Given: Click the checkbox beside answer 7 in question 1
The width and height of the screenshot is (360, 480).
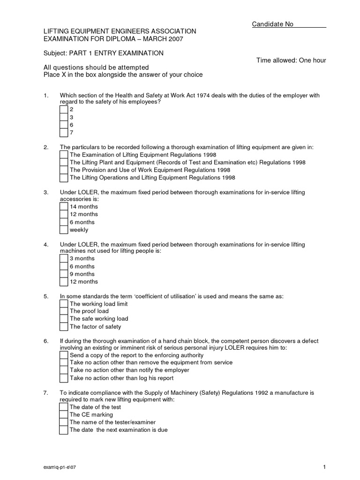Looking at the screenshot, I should (64, 133).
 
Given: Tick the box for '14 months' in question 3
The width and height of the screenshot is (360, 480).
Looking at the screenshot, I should (64, 207).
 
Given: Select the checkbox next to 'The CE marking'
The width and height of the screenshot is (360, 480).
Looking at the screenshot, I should (64, 415).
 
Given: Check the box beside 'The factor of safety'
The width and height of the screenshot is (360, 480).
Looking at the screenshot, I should (64, 327).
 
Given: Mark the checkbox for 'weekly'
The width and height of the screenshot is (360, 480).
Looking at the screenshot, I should (64, 230).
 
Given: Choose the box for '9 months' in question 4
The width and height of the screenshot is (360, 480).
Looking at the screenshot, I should (64, 274).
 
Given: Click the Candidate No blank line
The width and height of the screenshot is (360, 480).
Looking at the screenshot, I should (310, 24).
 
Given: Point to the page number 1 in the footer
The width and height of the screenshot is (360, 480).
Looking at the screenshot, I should (324, 466).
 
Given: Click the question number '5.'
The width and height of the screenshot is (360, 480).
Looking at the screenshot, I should (46, 296).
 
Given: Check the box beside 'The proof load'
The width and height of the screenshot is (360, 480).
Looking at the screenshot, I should (64, 311).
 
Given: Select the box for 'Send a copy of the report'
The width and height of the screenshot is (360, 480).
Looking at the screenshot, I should (64, 355).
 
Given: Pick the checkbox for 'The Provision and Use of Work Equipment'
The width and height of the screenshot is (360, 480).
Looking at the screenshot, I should (64, 170).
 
